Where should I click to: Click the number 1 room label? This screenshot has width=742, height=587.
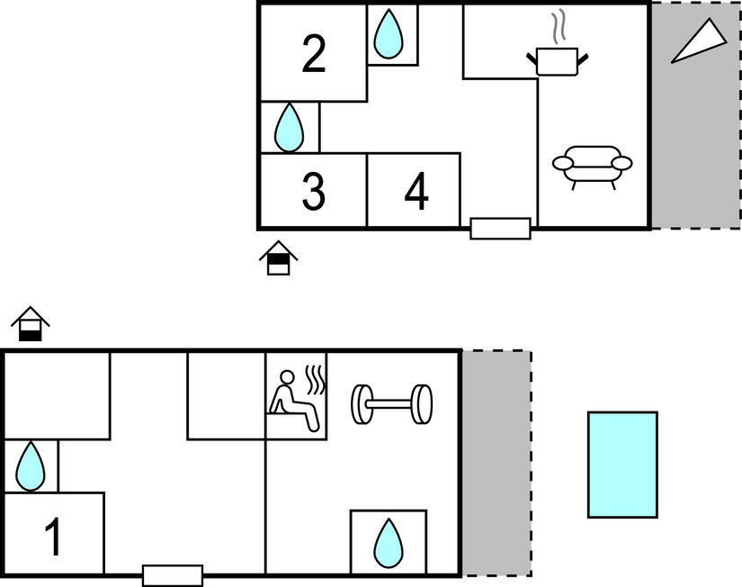pos(54,537)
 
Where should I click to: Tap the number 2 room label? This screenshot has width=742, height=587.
pos(314,55)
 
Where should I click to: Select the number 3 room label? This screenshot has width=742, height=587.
pos(313,192)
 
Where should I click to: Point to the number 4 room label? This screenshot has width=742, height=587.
pos(416,192)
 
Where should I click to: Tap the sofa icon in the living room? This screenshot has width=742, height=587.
pos(592,166)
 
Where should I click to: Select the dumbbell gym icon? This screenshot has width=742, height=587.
pos(391,404)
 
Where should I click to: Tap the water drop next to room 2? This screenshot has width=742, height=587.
pos(389,34)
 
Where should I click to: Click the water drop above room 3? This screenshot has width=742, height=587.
pos(289,127)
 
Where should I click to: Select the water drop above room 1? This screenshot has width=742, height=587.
pos(31,466)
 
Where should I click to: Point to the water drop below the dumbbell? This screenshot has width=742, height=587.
pos(389,543)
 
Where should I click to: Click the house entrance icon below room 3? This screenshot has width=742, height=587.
pos(279,258)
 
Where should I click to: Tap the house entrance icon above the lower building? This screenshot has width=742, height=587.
pos(31,325)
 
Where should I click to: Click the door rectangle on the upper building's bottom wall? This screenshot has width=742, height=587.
pos(500,229)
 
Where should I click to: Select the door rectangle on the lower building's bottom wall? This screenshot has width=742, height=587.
pos(173,575)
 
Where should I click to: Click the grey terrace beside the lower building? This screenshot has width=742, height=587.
pos(496,463)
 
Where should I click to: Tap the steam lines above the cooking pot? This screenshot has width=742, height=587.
pos(559,27)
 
